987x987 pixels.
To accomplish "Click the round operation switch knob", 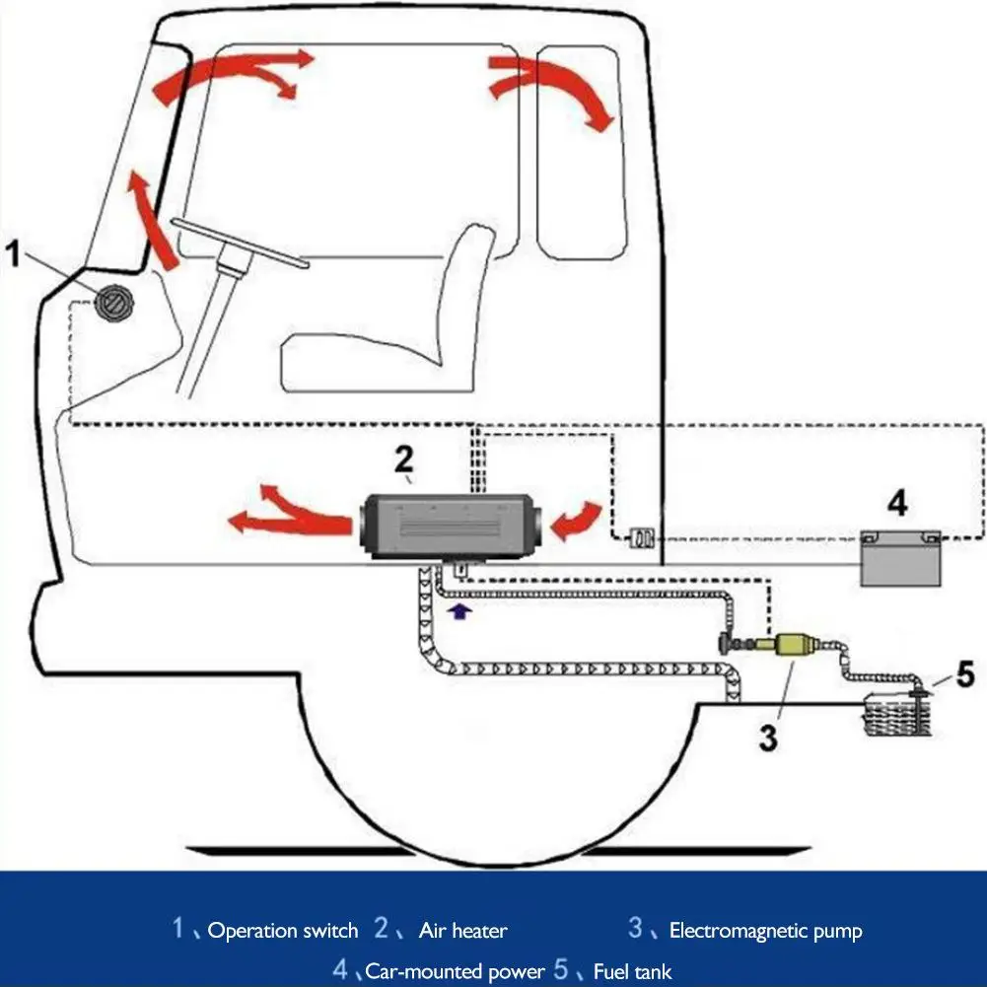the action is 114,300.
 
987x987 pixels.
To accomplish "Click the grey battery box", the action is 897,559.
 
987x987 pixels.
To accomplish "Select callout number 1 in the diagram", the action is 14,255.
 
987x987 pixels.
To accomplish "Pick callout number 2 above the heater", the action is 404,459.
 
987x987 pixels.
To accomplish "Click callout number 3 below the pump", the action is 768,735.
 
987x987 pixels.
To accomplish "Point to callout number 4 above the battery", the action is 896,503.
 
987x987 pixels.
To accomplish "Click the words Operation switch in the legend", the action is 283,931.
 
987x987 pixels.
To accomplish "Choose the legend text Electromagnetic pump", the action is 765,931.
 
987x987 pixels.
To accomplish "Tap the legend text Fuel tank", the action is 632,972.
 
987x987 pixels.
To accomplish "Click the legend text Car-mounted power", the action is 455,972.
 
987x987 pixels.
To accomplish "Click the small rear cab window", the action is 580,158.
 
